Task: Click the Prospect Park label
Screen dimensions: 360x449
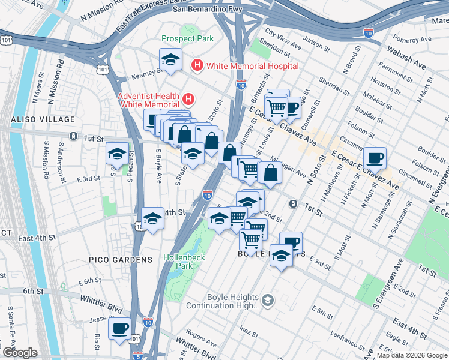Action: pyautogui.click(x=187, y=39)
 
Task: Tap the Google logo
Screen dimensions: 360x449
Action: pyautogui.click(x=19, y=353)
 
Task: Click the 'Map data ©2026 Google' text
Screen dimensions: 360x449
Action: pyautogui.click(x=411, y=355)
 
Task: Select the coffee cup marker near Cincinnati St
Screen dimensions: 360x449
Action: pyautogui.click(x=375, y=158)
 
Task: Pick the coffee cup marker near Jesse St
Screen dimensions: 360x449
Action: pyautogui.click(x=119, y=329)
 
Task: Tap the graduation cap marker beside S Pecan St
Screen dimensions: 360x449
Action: pyautogui.click(x=117, y=154)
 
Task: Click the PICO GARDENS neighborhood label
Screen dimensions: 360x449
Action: pyautogui.click(x=113, y=260)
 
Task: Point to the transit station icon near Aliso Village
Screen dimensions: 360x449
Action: pyautogui.click(x=73, y=136)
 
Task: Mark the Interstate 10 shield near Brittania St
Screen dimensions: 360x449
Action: pyautogui.click(x=241, y=86)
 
